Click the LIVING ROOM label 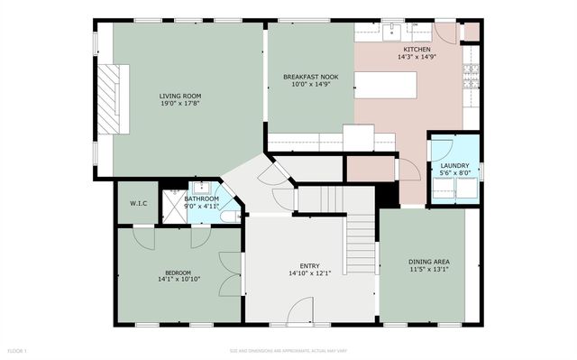tap(180, 95)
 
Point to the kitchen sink tap(393, 33)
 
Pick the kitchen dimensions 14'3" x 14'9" tap(417, 58)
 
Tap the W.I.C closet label tap(138, 204)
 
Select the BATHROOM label tap(202, 198)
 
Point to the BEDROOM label tap(178, 272)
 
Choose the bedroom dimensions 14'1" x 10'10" tap(178, 281)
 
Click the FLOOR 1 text tap(18, 349)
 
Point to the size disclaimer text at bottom tap(288, 349)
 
